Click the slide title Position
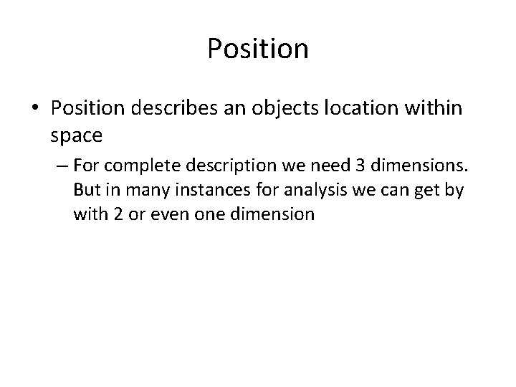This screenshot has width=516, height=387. coord(258,49)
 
